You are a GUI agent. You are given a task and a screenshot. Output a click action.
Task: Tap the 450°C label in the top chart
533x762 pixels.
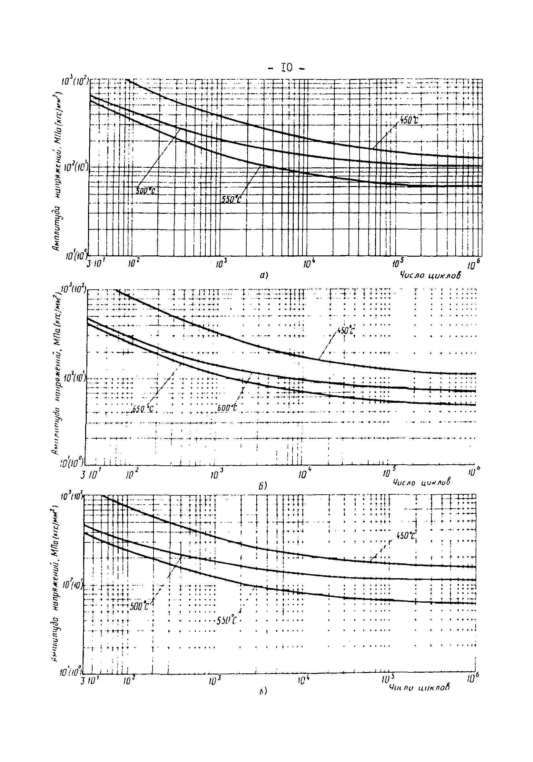point(408,120)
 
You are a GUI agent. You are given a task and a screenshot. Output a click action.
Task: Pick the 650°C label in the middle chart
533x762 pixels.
point(143,409)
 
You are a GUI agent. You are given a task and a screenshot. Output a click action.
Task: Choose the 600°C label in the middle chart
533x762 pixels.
point(227,408)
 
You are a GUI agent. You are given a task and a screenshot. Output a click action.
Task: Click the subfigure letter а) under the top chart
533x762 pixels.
point(264,275)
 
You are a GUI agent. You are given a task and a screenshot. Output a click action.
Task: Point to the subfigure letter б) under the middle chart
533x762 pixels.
point(263,486)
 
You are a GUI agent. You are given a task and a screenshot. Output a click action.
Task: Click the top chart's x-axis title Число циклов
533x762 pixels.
point(430,275)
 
